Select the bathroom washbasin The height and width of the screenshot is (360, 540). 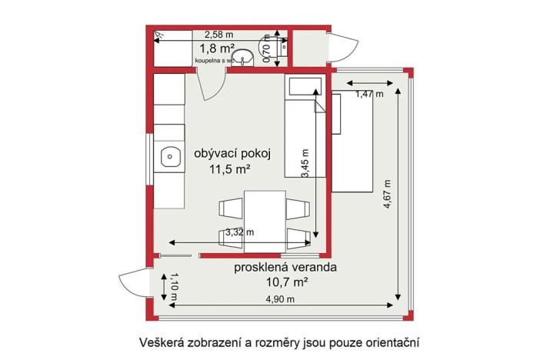click(x=245, y=58)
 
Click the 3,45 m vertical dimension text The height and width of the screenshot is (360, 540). click(x=305, y=163)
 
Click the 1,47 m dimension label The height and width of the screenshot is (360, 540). click(x=368, y=95)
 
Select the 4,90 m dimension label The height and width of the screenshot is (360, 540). click(x=280, y=299)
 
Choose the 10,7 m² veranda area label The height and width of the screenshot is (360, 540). click(x=285, y=282)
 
